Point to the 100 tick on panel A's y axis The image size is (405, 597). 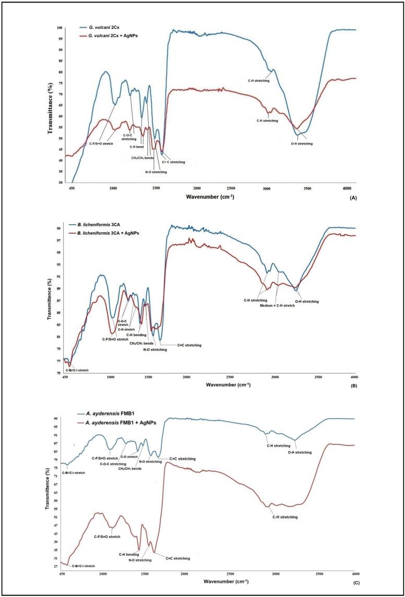pyautogui.click(x=59, y=28)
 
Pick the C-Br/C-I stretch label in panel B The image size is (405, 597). pyautogui.click(x=77, y=370)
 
